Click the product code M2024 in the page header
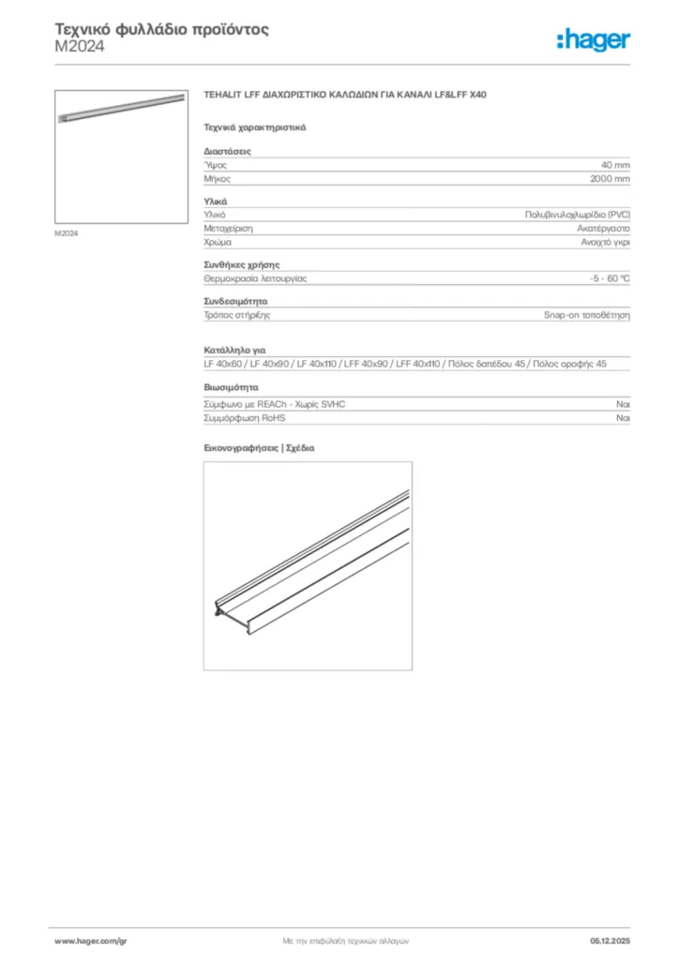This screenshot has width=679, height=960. click(80, 46)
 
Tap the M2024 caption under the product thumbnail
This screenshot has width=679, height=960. click(66, 232)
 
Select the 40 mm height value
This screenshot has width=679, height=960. click(615, 164)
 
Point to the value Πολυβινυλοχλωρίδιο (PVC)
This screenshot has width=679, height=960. click(577, 215)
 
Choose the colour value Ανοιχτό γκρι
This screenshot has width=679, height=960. click(605, 241)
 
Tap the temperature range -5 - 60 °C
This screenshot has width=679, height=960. click(609, 278)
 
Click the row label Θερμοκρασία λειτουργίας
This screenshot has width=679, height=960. click(255, 278)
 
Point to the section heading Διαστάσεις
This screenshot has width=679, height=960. click(227, 151)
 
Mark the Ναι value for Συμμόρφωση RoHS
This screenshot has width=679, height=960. click(623, 417)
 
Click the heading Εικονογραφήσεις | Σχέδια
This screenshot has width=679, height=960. click(259, 448)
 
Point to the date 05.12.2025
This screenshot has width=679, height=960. click(610, 940)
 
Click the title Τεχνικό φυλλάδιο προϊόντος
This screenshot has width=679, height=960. click(162, 29)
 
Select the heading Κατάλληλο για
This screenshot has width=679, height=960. click(229, 350)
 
